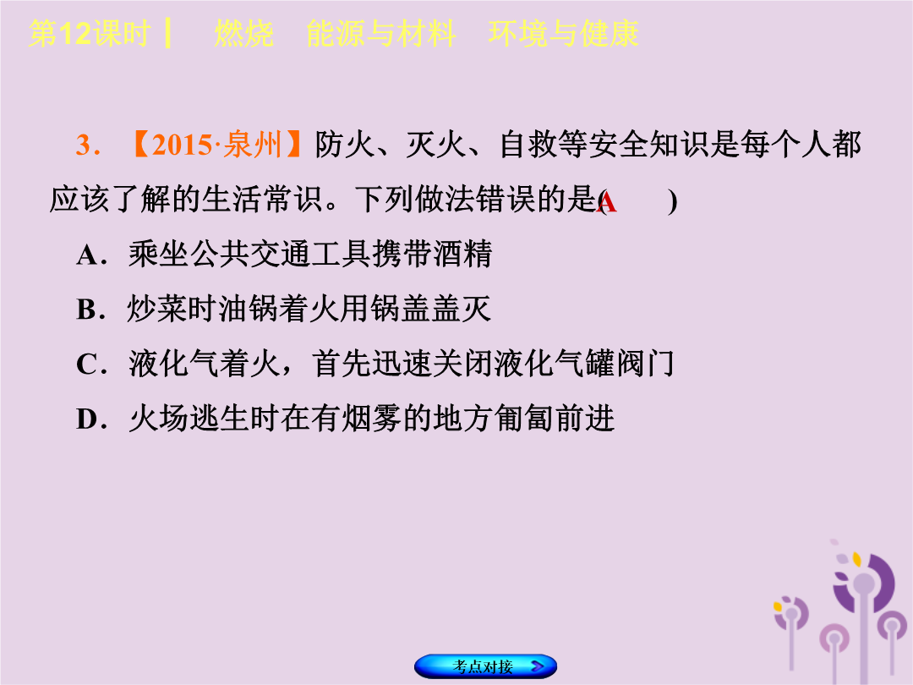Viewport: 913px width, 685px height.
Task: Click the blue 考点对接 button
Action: (x=485, y=666)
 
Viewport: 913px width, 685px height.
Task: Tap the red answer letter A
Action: (x=607, y=203)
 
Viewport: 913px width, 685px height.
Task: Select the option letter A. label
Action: (x=90, y=255)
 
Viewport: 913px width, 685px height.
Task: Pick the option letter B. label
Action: (x=90, y=310)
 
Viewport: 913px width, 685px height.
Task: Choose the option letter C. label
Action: (x=90, y=364)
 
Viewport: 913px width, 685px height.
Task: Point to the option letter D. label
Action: (x=91, y=419)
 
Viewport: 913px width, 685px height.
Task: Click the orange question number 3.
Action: (x=87, y=145)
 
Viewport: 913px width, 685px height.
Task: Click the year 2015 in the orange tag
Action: (x=182, y=145)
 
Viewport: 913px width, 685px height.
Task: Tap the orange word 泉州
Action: (x=253, y=145)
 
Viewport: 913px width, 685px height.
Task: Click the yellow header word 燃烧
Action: (x=244, y=33)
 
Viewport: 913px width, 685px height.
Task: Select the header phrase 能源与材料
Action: (x=381, y=33)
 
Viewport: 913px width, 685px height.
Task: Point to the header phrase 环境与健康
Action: (x=564, y=33)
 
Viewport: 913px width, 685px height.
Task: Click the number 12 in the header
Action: (x=76, y=33)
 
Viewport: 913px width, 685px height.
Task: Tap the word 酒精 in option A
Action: (x=462, y=255)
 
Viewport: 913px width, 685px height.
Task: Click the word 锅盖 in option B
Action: (x=401, y=310)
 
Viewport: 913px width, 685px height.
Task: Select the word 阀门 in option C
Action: (x=644, y=364)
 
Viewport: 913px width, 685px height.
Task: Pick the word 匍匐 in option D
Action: (x=523, y=419)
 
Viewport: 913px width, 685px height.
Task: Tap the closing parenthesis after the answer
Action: (x=673, y=201)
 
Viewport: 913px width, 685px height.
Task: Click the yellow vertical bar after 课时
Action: (x=167, y=33)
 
